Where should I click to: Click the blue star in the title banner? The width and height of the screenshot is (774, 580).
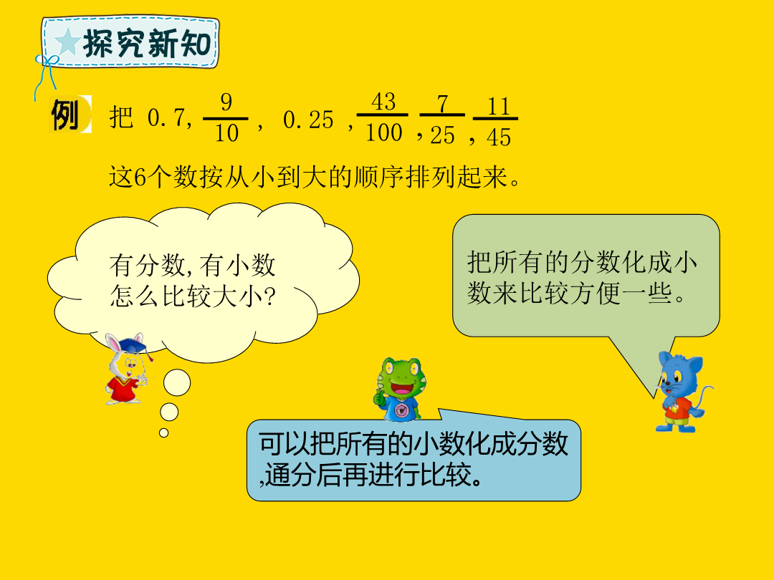pyautogui.click(x=67, y=42)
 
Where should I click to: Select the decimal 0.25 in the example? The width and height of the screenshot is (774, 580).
pyautogui.click(x=308, y=120)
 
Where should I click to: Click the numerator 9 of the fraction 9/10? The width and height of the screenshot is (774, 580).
pyautogui.click(x=226, y=102)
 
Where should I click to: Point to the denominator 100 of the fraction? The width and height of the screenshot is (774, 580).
pyautogui.click(x=383, y=132)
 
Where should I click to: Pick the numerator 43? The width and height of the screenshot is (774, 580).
pyautogui.click(x=383, y=102)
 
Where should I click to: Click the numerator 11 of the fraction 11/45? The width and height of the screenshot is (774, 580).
pyautogui.click(x=498, y=107)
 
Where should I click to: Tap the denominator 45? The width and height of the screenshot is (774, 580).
pyautogui.click(x=499, y=137)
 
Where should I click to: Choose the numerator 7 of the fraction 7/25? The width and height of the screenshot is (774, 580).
pyautogui.click(x=442, y=104)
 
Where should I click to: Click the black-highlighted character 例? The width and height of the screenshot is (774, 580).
pyautogui.click(x=66, y=115)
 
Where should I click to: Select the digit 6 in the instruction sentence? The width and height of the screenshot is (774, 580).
pyautogui.click(x=140, y=178)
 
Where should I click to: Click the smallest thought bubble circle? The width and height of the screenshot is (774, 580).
pyautogui.click(x=164, y=433)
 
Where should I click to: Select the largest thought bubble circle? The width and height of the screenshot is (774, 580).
pyautogui.click(x=177, y=382)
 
